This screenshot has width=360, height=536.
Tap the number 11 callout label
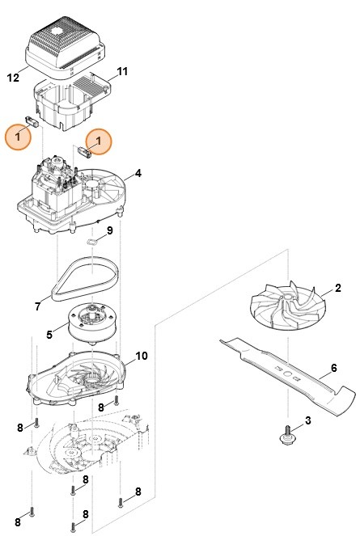(x=122, y=72)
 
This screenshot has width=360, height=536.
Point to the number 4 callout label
(x=138, y=173)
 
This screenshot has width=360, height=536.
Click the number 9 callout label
(x=110, y=231)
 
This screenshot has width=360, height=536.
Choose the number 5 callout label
(x=49, y=333)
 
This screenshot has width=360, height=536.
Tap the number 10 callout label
(x=142, y=357)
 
